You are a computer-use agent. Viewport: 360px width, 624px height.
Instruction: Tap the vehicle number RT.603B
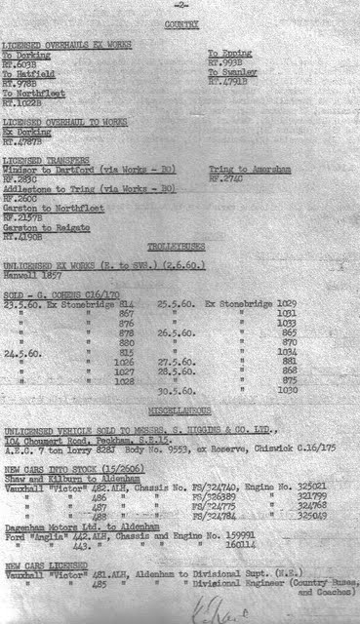[x=20, y=63]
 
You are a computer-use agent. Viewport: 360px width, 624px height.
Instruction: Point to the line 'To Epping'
[x=230, y=55]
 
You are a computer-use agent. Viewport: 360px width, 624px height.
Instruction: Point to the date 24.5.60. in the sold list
[x=23, y=353]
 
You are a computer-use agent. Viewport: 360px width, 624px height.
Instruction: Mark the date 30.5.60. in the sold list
[x=174, y=391]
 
